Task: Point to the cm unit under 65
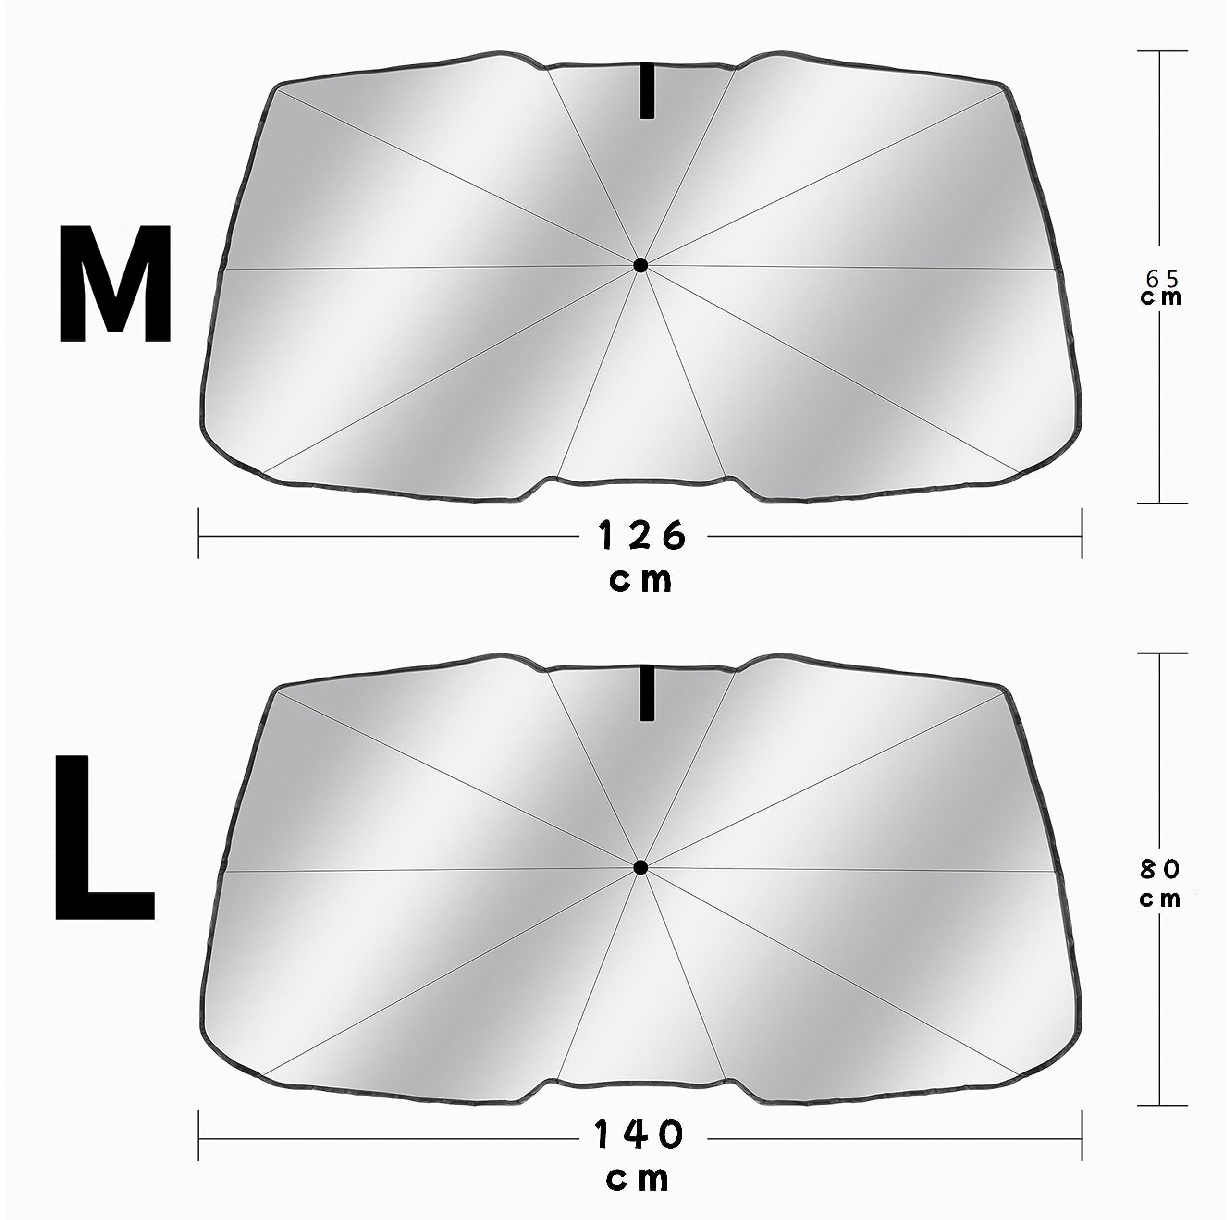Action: click(x=1162, y=297)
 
